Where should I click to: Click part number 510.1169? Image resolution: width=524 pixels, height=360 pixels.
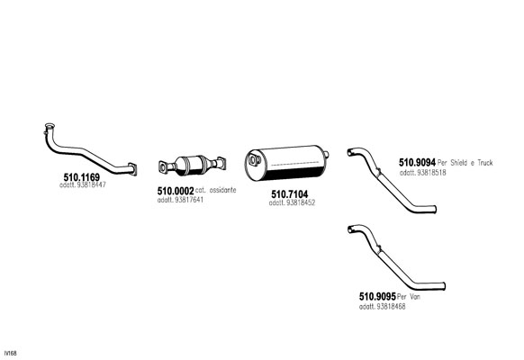(82, 177)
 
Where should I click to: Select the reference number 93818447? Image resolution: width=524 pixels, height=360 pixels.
(91, 184)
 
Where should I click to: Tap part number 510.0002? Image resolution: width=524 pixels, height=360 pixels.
(176, 191)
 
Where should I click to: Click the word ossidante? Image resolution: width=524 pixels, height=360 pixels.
(222, 190)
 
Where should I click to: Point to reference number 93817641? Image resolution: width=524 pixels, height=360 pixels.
(189, 200)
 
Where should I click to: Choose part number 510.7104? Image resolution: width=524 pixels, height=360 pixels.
(289, 194)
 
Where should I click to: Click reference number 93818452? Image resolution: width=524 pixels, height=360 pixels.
(301, 202)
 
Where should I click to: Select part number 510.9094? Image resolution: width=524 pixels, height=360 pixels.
(417, 163)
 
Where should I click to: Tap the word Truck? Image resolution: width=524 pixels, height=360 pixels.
(485, 163)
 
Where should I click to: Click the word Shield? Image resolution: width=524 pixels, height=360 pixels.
(459, 163)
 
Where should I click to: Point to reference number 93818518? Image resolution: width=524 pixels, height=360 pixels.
(431, 173)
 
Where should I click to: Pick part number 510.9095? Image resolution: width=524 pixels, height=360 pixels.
(377, 296)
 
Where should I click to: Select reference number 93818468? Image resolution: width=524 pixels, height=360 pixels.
(391, 307)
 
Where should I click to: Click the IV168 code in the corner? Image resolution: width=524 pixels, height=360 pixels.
(11, 353)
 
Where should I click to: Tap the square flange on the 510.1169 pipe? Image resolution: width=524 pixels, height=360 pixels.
(132, 169)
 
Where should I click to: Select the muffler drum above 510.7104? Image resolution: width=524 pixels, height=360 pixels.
(286, 163)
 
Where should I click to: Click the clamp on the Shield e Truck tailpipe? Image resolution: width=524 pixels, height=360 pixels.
(378, 172)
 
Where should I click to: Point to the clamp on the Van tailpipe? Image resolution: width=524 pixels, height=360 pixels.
(378, 249)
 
